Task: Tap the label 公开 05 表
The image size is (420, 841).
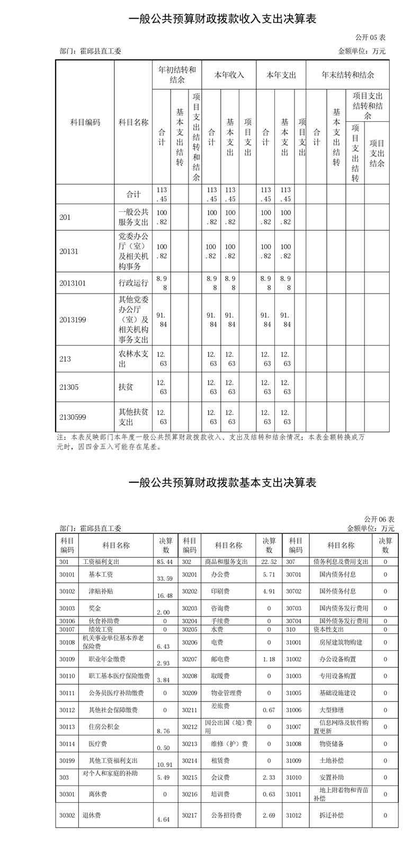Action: point(370,38)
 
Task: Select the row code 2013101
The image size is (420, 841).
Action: point(73,282)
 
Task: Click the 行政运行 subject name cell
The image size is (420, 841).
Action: point(133,282)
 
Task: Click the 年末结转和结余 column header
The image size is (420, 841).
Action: point(347,75)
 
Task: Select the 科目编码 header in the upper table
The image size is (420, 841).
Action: point(85,122)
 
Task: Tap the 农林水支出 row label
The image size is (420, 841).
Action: point(133,358)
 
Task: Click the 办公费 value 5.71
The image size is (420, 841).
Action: point(269,574)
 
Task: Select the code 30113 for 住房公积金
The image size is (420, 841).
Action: point(67,727)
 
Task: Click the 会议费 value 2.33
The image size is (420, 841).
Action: point(269,777)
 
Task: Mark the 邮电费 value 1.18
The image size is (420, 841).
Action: point(269,659)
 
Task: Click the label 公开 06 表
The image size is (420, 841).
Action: point(379,519)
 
